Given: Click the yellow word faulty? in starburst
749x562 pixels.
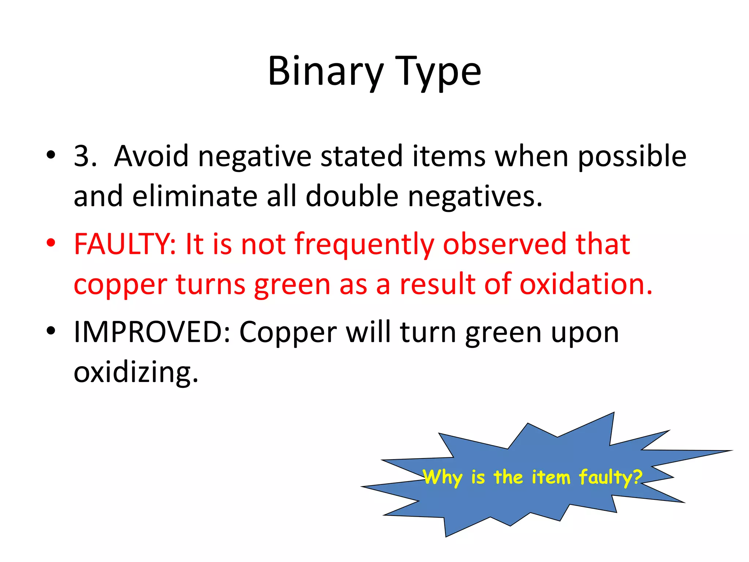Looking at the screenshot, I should point(610,477).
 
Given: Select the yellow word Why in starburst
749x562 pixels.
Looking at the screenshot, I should point(443,477).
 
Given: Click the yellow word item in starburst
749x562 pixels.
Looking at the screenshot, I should point(551,477).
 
